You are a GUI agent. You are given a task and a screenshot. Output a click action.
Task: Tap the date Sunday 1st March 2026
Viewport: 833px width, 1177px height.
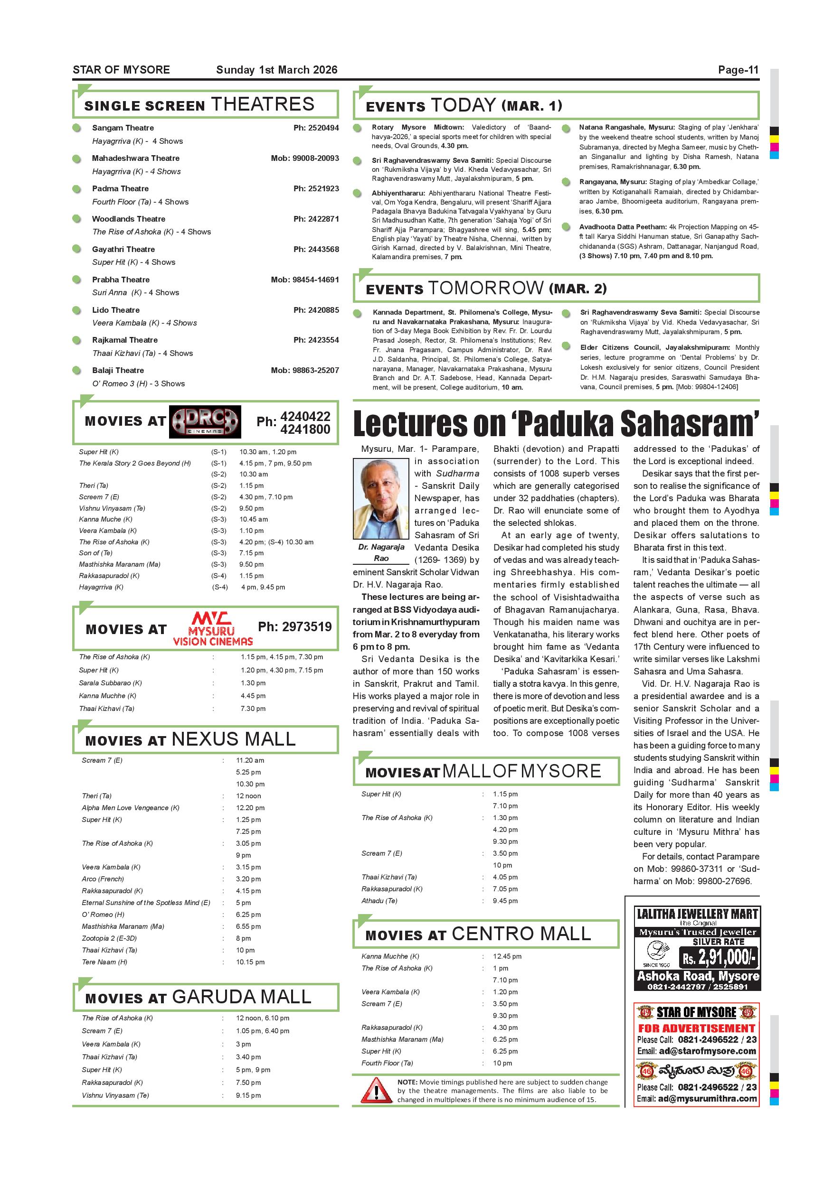pos(276,70)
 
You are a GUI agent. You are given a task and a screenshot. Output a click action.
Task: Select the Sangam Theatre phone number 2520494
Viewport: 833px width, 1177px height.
pos(316,128)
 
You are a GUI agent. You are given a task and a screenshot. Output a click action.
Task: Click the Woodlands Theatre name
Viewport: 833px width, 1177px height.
pos(128,219)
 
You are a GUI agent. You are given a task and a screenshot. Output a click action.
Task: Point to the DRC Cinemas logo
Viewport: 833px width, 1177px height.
pos(205,422)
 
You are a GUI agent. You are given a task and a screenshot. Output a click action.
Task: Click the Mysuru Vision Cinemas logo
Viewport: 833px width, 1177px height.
pos(212,628)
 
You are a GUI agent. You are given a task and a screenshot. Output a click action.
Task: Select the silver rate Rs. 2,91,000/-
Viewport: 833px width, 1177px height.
pos(718,957)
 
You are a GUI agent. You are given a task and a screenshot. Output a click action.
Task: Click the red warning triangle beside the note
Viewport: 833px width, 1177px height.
pos(376,1092)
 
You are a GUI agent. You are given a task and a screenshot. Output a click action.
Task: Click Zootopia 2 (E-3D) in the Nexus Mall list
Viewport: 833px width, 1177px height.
pos(109,938)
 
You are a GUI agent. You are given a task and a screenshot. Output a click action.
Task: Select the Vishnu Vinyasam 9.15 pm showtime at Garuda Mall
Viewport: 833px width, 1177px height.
pos(248,1095)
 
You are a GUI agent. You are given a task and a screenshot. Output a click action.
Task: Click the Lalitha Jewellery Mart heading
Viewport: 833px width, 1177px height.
pos(697,914)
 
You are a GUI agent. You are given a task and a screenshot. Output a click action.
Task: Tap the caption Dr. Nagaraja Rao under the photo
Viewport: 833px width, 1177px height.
pos(381,552)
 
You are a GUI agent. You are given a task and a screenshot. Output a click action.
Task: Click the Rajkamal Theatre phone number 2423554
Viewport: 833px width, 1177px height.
pos(316,340)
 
